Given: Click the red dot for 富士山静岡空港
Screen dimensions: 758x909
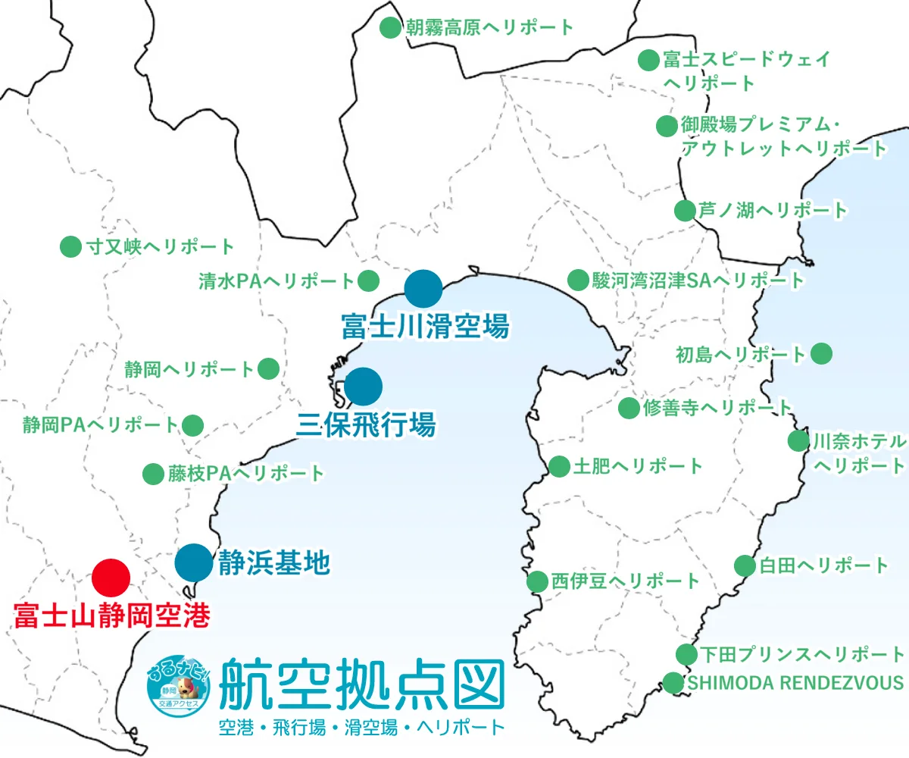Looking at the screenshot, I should point(111,578).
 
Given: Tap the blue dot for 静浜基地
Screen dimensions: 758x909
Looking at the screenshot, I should point(194,562).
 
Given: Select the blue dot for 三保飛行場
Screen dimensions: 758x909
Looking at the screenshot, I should point(364,387).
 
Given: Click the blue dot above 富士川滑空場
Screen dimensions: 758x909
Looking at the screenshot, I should point(423,288).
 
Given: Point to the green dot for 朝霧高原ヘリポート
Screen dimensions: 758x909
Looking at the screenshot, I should point(389,28).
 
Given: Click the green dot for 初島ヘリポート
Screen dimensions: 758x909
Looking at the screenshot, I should point(821,353).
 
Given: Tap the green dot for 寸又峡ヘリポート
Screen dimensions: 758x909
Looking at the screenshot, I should point(70,246).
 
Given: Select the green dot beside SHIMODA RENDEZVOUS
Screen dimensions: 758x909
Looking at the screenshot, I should point(673,682).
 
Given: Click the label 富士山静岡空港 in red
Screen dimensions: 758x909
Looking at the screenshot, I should point(111,615).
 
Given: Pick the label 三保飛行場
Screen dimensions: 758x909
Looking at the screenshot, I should point(365,424).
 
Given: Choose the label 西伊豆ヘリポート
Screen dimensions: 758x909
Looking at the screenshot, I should point(625,581).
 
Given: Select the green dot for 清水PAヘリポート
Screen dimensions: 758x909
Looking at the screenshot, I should point(368,280).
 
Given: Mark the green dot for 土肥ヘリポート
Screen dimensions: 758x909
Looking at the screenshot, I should point(559,466).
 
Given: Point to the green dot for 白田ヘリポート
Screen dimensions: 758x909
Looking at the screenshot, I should point(745,565).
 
